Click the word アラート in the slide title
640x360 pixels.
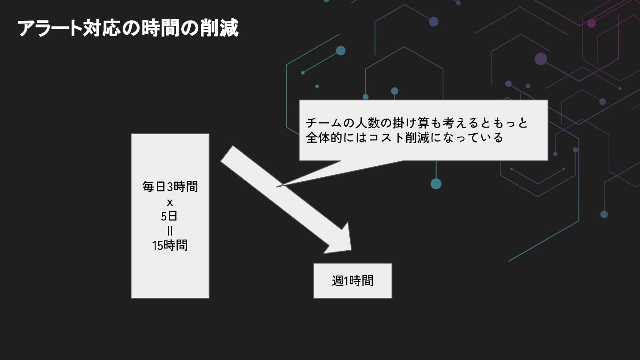[49, 28]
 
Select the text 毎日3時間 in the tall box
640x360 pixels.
[170, 186]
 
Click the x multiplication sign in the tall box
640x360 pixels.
[170, 203]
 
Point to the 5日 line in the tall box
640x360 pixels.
[170, 216]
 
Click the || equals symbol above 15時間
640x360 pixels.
[170, 231]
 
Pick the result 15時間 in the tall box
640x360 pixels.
[170, 245]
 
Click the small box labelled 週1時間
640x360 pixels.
[352, 280]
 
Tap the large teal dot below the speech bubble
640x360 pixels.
[436, 184]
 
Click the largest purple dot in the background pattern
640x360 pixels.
[541, 59]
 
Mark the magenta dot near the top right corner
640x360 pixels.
[592, 23]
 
